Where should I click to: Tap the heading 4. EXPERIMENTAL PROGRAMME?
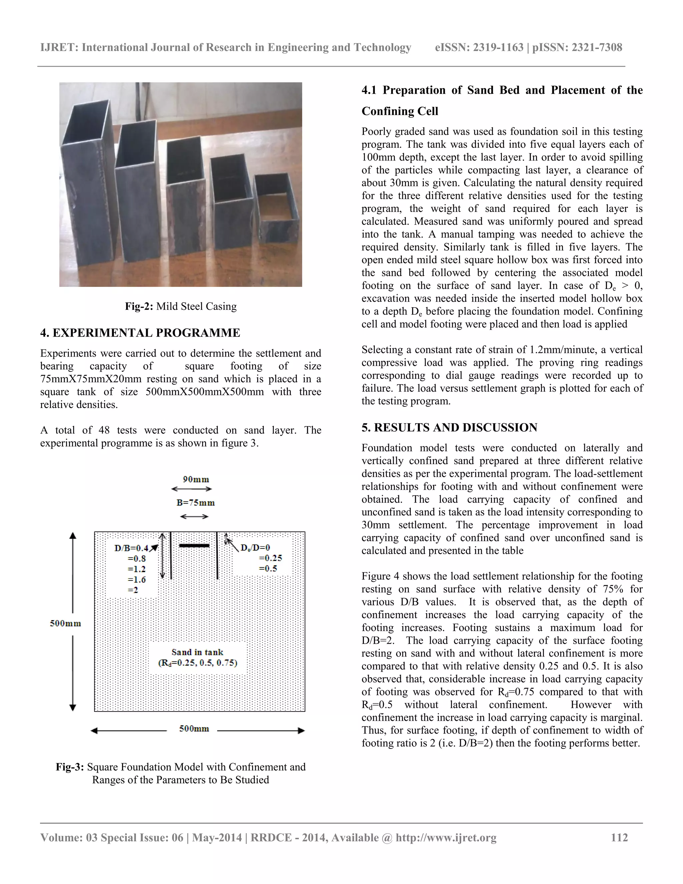click(x=140, y=333)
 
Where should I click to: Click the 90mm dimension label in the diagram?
click(x=196, y=480)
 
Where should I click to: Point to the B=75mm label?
click(x=195, y=503)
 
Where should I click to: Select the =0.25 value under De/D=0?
click(x=270, y=558)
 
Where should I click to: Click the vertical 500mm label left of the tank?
click(x=66, y=623)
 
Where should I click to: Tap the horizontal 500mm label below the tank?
click(x=194, y=729)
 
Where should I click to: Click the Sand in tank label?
click(x=197, y=652)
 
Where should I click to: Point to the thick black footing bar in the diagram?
click(x=194, y=546)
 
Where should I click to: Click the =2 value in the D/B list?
click(x=133, y=590)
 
